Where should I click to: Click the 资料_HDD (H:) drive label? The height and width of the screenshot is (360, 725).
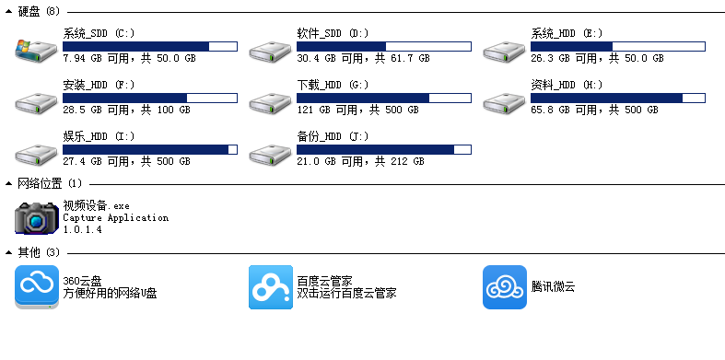click(567, 85)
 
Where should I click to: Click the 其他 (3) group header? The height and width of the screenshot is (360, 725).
click(39, 252)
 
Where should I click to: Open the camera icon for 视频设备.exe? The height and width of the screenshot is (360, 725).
click(37, 218)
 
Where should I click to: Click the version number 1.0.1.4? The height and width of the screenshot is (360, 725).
click(82, 229)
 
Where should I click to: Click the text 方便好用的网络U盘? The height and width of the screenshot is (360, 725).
click(110, 294)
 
